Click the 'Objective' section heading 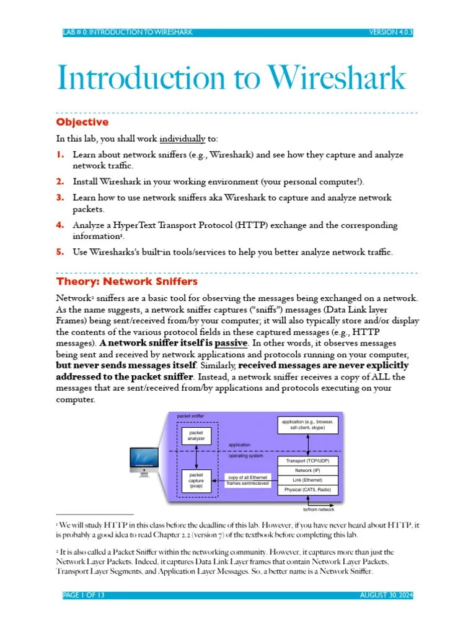click(x=82, y=122)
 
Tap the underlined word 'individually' click(x=182, y=139)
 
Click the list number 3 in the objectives click(x=61, y=198)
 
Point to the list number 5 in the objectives click(x=61, y=252)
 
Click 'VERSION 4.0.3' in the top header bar click(x=390, y=32)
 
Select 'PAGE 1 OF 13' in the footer click(x=84, y=595)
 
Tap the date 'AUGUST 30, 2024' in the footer click(x=386, y=595)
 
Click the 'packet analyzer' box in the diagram click(x=196, y=435)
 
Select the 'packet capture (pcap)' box click(x=196, y=482)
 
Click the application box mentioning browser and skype click(x=307, y=425)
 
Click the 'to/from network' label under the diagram click(x=319, y=510)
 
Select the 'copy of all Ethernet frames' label click(x=248, y=480)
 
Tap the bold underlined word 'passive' click(x=231, y=342)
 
